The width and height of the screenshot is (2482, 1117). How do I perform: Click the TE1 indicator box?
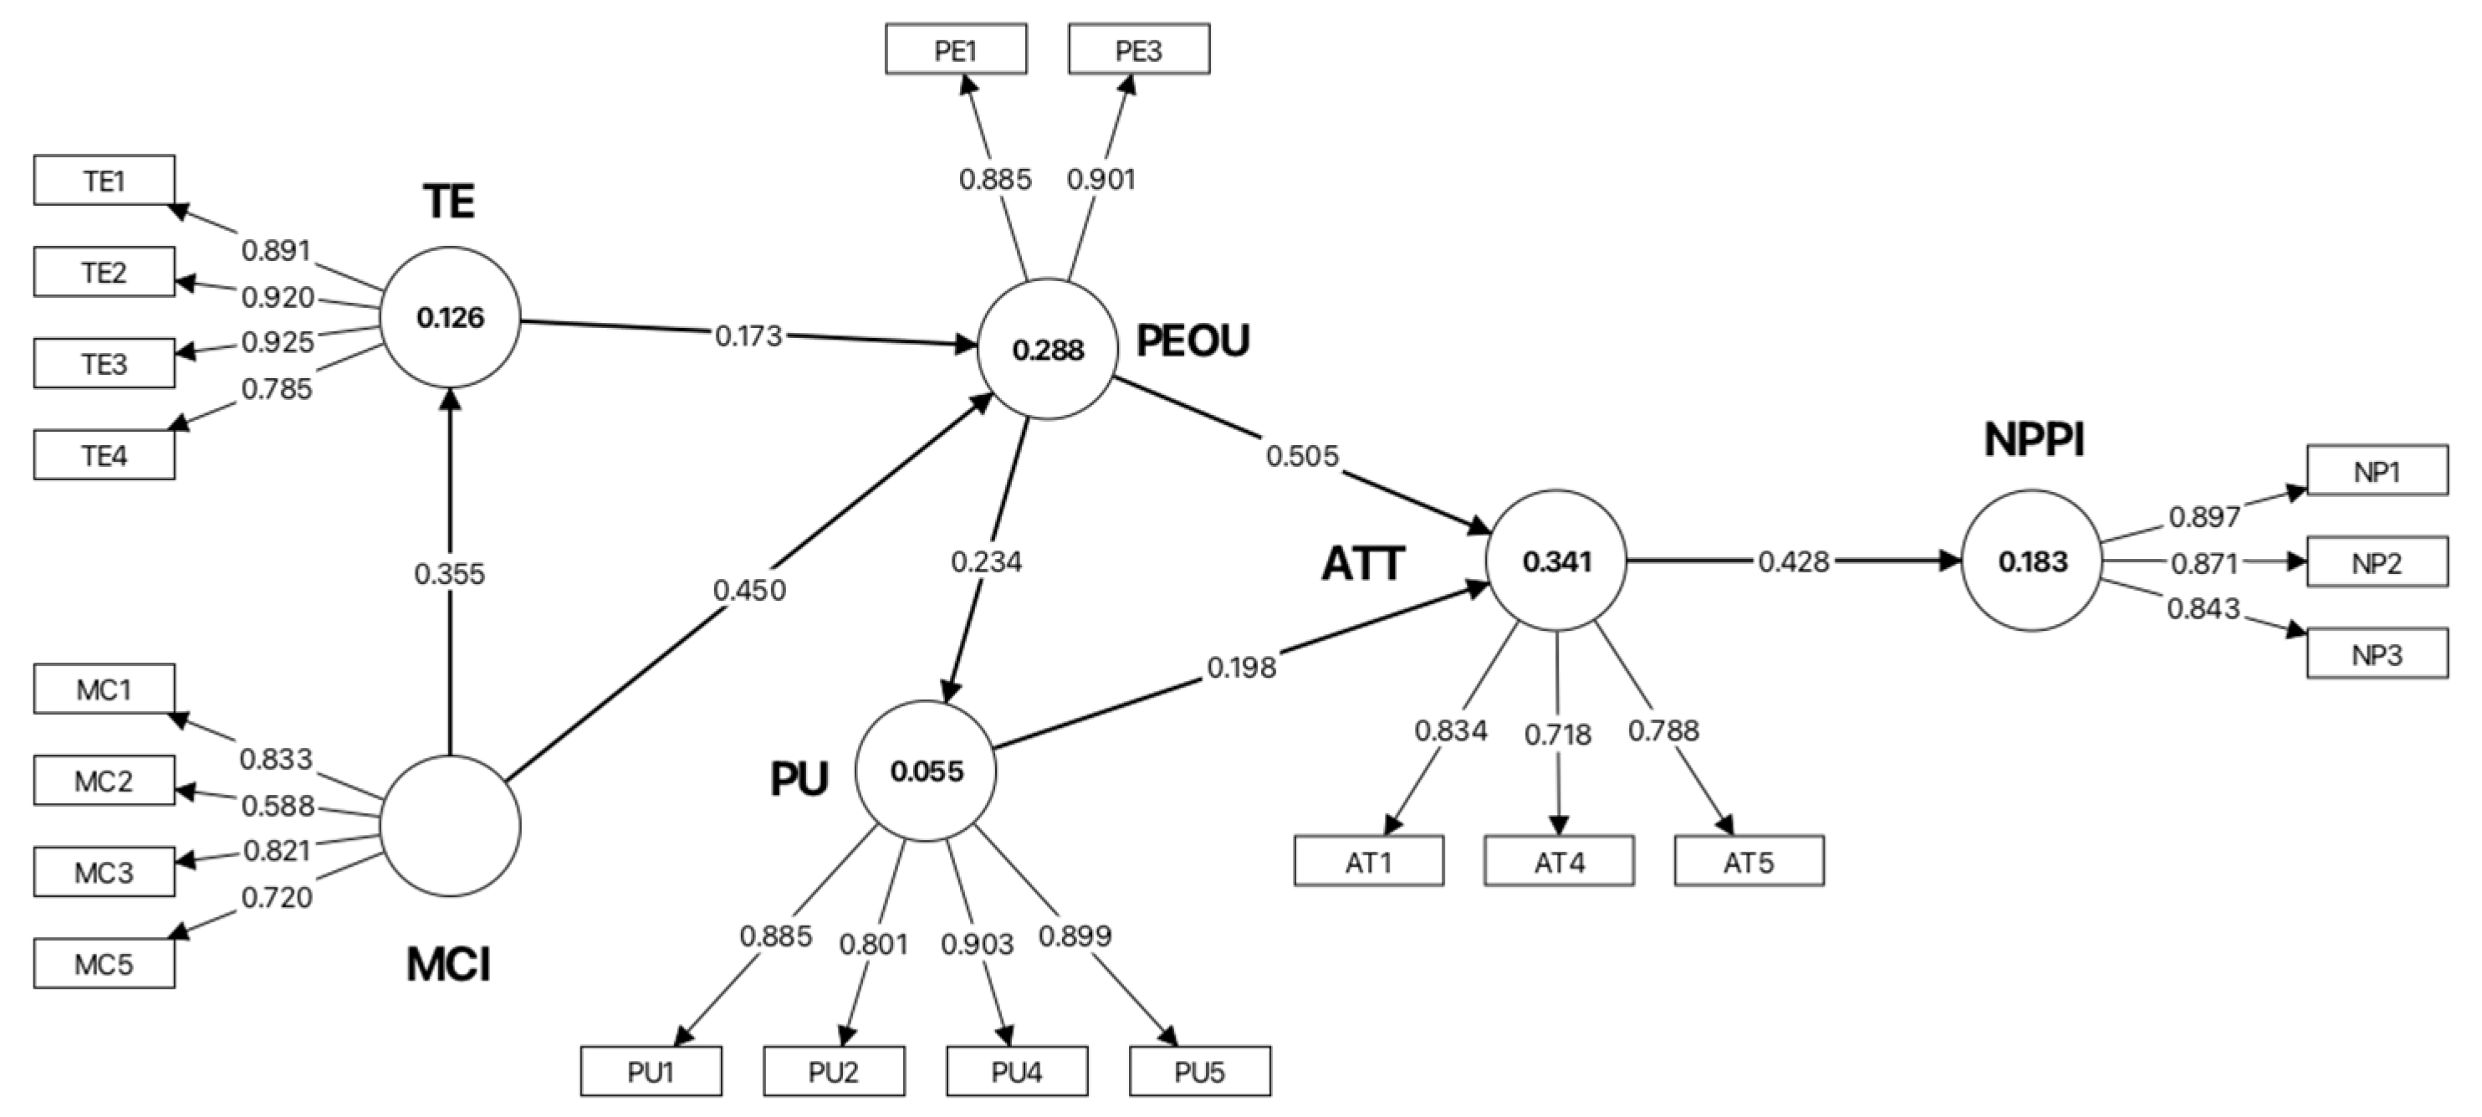click(x=104, y=180)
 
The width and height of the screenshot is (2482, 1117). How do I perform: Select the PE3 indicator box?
click(x=1139, y=49)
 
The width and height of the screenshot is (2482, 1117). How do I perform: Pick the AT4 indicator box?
click(x=1559, y=861)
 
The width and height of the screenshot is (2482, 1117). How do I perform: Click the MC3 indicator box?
click(x=104, y=872)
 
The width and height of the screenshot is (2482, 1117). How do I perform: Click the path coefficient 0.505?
click(x=1303, y=456)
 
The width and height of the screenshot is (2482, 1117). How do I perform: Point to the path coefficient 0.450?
click(x=749, y=590)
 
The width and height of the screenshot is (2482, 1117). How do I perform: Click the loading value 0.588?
click(x=278, y=806)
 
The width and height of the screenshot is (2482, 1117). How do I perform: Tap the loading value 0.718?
click(x=1558, y=735)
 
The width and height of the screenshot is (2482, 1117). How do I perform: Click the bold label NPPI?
click(x=2034, y=440)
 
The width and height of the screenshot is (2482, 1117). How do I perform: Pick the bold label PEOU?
click(x=1192, y=341)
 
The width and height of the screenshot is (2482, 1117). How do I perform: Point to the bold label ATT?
click(x=1363, y=564)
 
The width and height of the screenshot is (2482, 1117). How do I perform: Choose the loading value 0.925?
click(x=278, y=342)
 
